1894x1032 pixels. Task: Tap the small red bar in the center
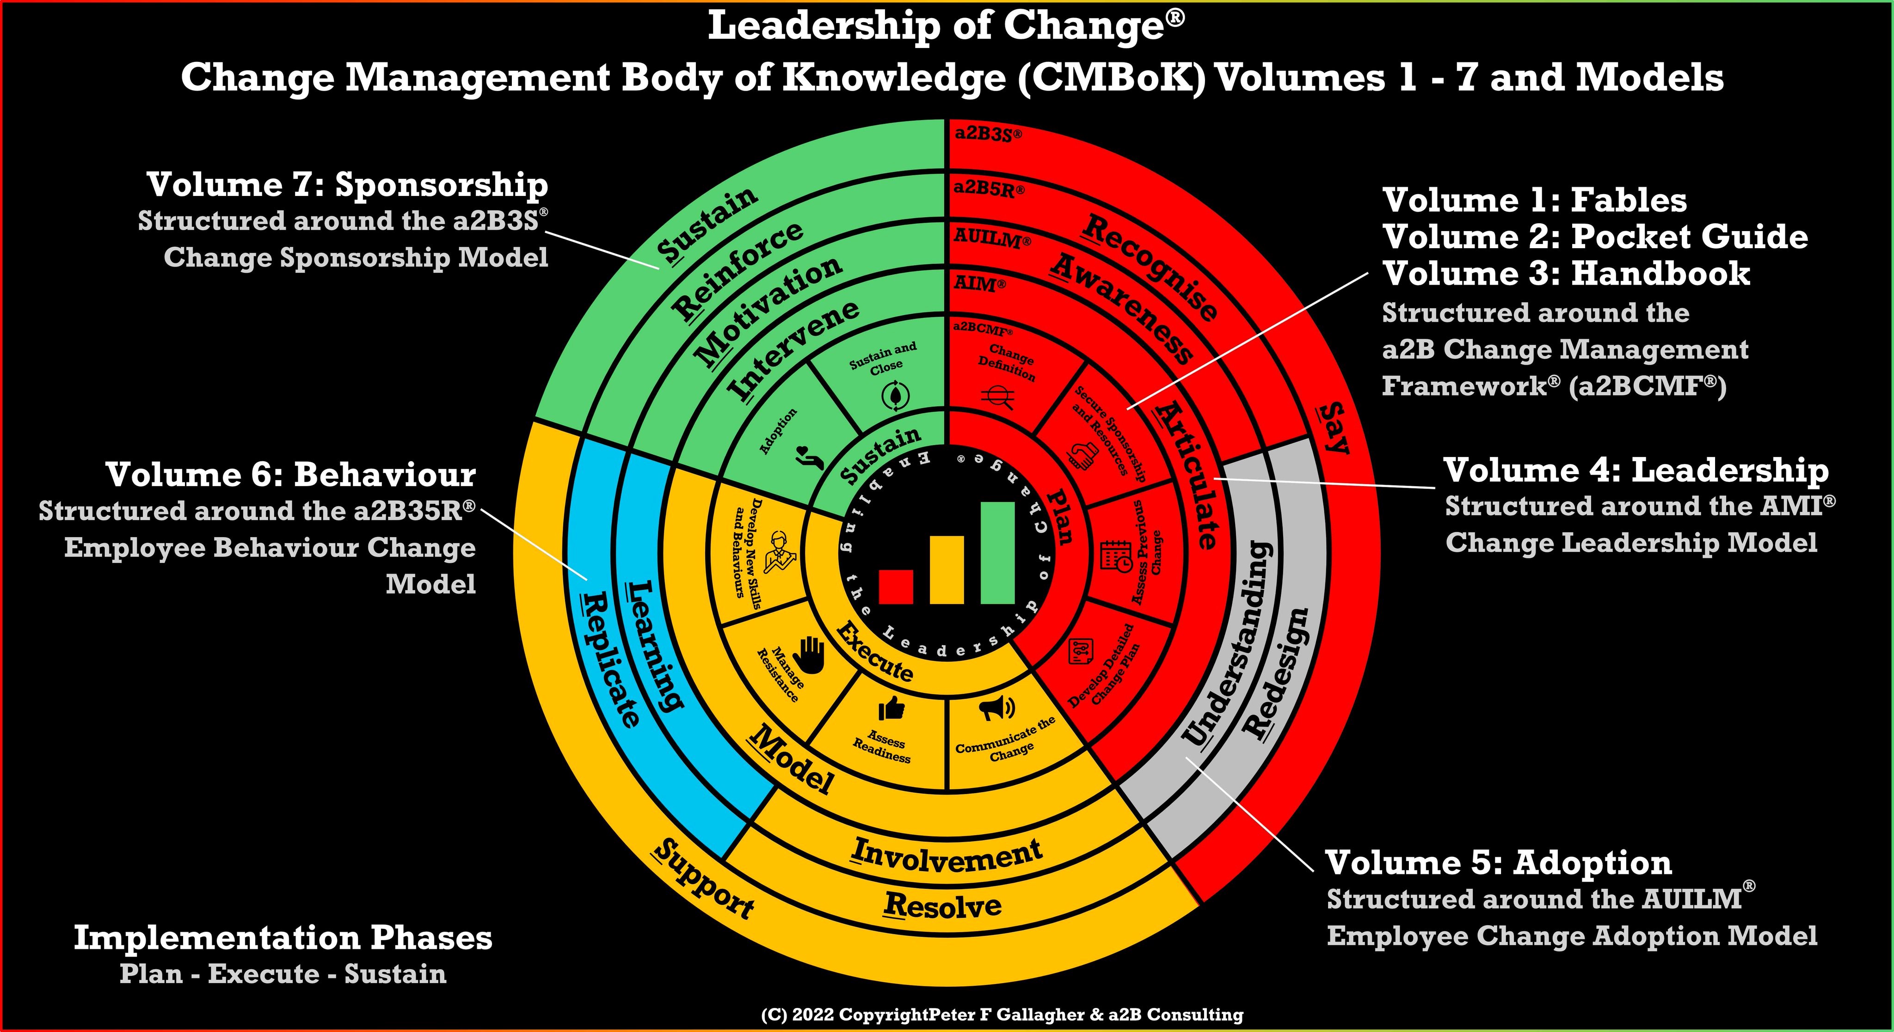coord(896,586)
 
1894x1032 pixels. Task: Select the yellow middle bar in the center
coord(947,570)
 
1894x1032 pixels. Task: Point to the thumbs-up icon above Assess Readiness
coord(891,708)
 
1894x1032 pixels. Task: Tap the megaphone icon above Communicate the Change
coord(997,708)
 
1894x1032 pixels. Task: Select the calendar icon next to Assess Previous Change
coord(1115,555)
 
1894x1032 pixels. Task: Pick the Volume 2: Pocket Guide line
coord(1595,237)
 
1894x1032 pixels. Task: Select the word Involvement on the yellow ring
coord(947,855)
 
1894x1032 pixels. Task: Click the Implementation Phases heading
coord(283,938)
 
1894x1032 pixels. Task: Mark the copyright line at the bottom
coord(1002,1015)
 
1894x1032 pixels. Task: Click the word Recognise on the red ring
coord(1149,266)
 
